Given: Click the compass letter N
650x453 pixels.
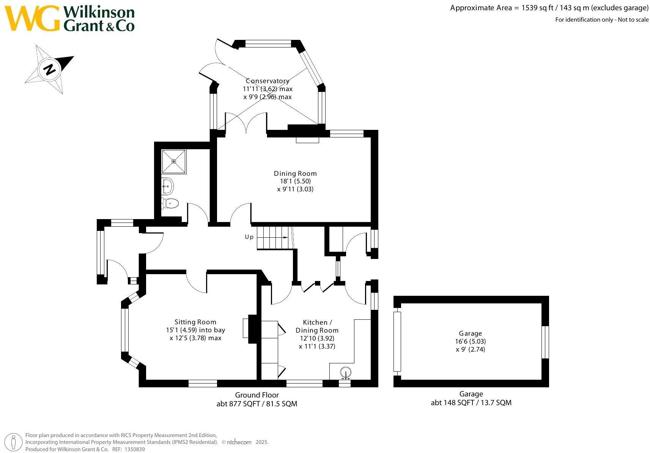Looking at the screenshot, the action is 49,70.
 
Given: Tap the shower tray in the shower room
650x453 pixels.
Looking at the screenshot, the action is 173,161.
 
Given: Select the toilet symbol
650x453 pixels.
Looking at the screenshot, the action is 170,203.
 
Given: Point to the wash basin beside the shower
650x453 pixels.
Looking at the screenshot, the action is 167,186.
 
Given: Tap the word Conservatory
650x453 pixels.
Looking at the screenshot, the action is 267,81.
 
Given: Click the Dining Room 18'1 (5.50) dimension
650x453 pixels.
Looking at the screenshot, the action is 295,181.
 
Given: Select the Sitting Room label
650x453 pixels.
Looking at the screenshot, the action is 195,322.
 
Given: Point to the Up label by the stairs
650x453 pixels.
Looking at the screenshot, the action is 249,237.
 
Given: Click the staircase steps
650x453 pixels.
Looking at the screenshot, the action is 274,238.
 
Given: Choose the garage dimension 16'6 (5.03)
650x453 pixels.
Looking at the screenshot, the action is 470,341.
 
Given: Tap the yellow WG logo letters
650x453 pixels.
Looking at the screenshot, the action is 32,18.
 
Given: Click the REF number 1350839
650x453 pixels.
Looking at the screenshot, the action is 135,449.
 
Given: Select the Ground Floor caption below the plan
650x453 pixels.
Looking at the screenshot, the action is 257,395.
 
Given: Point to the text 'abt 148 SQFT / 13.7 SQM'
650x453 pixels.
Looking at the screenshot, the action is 471,402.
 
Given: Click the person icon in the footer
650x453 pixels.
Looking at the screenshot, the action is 13,442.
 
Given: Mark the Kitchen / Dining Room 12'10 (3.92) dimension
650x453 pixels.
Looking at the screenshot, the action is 317,338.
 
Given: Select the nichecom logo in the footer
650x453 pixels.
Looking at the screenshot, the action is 239,442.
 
